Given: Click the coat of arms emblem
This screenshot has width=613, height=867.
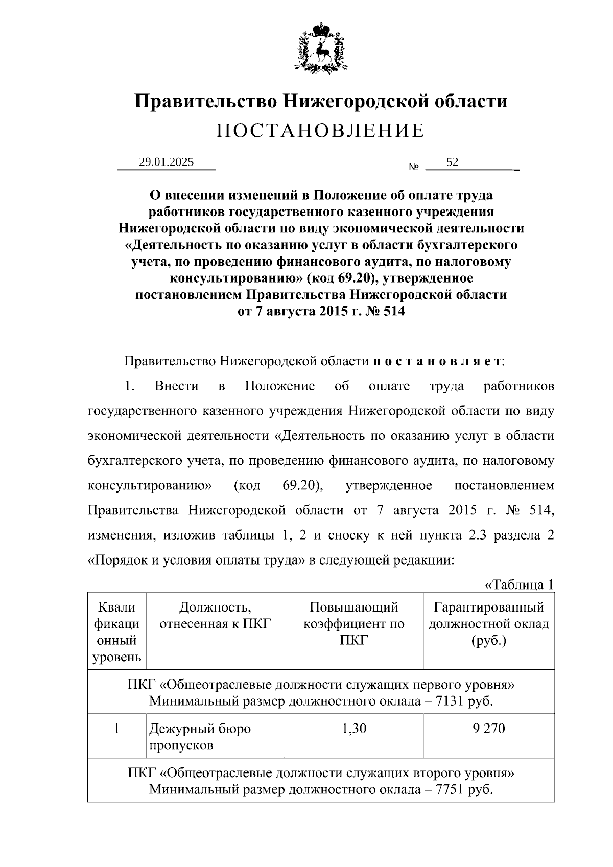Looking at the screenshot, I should tap(320, 46).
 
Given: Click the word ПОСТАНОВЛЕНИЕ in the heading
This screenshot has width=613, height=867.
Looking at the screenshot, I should tap(320, 131).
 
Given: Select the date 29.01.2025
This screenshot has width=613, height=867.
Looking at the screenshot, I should tap(167, 162).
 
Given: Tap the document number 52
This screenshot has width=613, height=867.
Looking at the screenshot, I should tap(452, 162).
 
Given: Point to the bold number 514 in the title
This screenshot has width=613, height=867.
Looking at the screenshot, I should tap(392, 311).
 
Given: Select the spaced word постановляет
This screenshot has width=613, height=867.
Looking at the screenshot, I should tap(437, 361).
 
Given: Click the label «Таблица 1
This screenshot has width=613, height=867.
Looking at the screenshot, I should tap(518, 584).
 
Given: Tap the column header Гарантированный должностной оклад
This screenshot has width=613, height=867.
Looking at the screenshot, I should tap(489, 623).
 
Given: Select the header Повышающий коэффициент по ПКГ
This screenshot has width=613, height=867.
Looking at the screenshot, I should tap(353, 623).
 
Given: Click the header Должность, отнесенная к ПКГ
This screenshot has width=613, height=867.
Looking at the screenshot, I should tap(215, 615).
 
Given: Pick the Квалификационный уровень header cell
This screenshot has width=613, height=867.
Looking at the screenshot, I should tap(116, 631).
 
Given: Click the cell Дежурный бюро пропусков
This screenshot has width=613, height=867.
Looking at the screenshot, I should tap(200, 736).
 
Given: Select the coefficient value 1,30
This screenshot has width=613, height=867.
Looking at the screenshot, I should tap(353, 728).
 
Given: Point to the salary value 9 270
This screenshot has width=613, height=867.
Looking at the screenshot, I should tap(489, 728).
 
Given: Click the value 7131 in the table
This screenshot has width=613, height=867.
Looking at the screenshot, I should tap(450, 700).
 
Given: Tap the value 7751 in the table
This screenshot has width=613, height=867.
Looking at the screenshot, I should tap(450, 789).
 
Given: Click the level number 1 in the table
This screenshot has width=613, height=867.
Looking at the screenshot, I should tap(116, 728).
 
